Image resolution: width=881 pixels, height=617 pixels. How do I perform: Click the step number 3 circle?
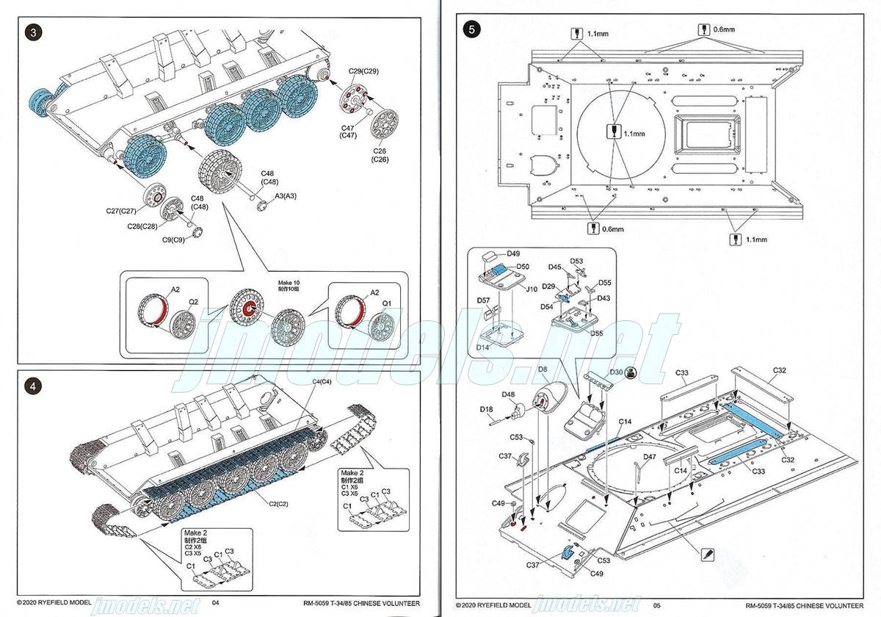point(32,33)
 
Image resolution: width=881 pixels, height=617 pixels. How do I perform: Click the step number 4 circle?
point(32,385)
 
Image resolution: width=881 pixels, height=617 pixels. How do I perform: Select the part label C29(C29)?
point(363,71)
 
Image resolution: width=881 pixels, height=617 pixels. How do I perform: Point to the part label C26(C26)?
point(380,155)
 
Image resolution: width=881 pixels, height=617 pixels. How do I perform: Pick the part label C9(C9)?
point(175,239)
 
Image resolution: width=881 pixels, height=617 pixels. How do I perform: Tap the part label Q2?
point(193,300)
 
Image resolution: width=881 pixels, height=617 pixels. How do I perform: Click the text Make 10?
point(289,283)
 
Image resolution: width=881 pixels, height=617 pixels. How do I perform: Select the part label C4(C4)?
point(322,381)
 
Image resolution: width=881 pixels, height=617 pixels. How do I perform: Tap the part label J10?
point(532,289)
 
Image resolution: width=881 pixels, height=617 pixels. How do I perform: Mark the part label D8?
point(543,369)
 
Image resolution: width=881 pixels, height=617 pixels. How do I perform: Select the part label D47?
point(649,457)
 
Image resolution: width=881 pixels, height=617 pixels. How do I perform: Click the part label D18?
point(486,409)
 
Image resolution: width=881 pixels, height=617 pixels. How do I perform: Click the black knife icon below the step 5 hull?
point(707,553)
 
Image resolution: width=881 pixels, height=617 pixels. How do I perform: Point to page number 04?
point(216,604)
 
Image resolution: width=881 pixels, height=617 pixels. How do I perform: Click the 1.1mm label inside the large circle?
point(634,134)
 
